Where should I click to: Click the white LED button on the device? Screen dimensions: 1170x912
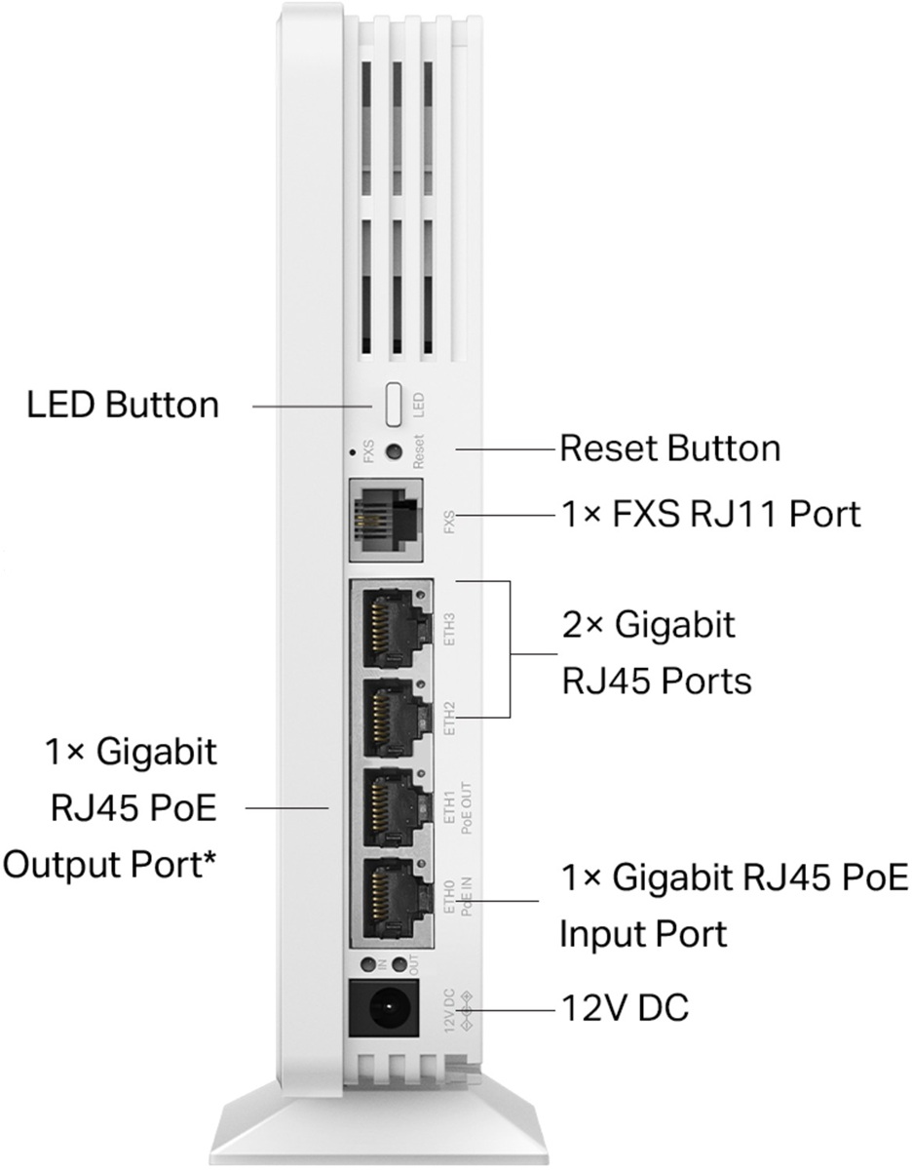(x=395, y=404)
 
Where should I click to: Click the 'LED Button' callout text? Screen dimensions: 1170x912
(x=123, y=404)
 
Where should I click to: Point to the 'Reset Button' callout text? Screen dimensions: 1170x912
(x=670, y=449)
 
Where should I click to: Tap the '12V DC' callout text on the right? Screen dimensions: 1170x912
(x=625, y=1007)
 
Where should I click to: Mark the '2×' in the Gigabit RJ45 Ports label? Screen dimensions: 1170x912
(x=582, y=623)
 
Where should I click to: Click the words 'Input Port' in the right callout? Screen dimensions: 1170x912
(x=643, y=935)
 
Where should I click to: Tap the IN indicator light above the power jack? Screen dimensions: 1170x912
(x=369, y=963)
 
